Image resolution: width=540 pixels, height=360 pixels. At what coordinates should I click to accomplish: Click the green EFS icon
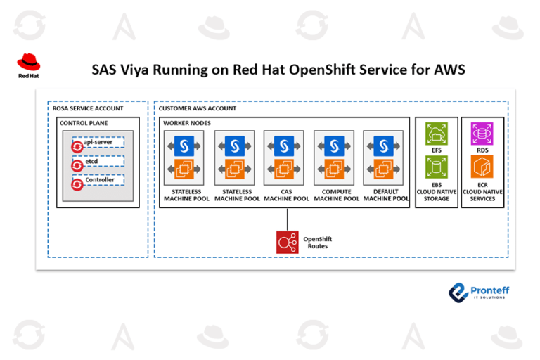tap(437, 134)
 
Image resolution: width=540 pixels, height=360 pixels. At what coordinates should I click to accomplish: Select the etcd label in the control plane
tap(92, 161)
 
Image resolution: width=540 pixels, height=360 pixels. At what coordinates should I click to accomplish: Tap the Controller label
tap(99, 181)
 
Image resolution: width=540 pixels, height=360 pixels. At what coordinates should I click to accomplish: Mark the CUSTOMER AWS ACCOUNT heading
tap(198, 108)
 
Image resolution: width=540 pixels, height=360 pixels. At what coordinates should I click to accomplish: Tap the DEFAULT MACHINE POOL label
tap(385, 195)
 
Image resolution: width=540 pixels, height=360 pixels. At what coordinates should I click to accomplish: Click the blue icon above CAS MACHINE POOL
tap(285, 146)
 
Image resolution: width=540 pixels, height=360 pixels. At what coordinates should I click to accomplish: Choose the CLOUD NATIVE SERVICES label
tap(482, 195)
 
